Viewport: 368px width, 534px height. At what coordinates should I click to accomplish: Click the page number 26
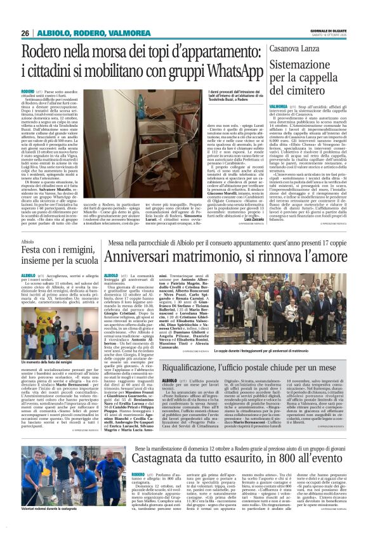(x=25, y=32)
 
